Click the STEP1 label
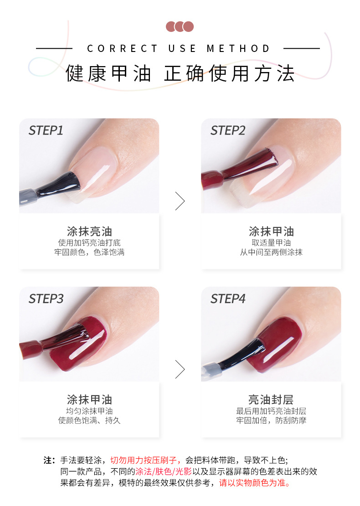click(x=46, y=131)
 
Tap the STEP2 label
click(x=228, y=131)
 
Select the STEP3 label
click(x=46, y=299)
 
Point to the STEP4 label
click(x=228, y=299)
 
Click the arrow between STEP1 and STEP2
click(x=180, y=201)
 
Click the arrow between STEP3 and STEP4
click(x=180, y=369)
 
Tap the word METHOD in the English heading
click(x=238, y=48)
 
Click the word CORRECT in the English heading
click(x=122, y=48)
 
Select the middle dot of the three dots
click(x=180, y=26)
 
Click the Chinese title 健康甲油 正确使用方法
click(x=180, y=73)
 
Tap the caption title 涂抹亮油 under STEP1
click(x=89, y=232)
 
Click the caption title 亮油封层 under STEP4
click(x=271, y=399)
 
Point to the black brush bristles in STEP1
click(x=61, y=184)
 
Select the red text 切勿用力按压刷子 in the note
click(x=144, y=460)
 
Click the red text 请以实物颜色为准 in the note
click(x=252, y=483)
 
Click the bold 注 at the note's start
click(x=48, y=460)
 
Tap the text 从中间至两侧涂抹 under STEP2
click(x=271, y=252)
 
